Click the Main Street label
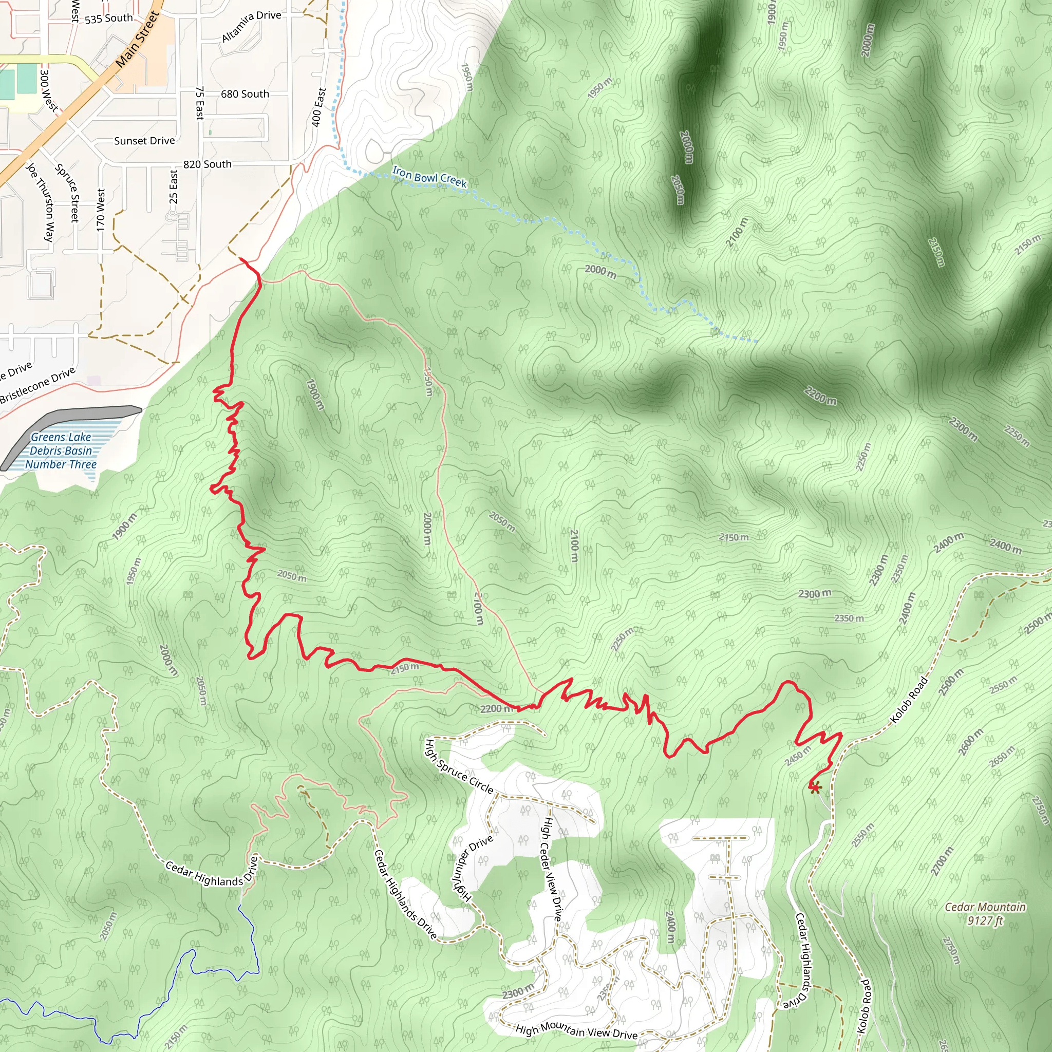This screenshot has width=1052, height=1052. click(137, 39)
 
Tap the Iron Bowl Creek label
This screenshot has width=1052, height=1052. click(429, 178)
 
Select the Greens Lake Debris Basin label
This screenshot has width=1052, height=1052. click(61, 451)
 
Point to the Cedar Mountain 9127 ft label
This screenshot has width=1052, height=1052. click(985, 914)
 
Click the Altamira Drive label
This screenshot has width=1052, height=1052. click(251, 26)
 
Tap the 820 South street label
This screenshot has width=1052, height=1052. click(207, 164)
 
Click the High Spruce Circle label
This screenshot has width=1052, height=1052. click(459, 767)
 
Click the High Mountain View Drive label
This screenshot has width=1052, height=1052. click(576, 1031)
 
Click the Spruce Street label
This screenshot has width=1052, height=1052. click(69, 193)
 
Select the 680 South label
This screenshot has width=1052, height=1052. click(245, 94)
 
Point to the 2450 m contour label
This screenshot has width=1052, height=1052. click(798, 756)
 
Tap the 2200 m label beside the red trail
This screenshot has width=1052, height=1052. click(496, 709)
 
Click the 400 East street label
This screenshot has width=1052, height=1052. click(318, 107)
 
